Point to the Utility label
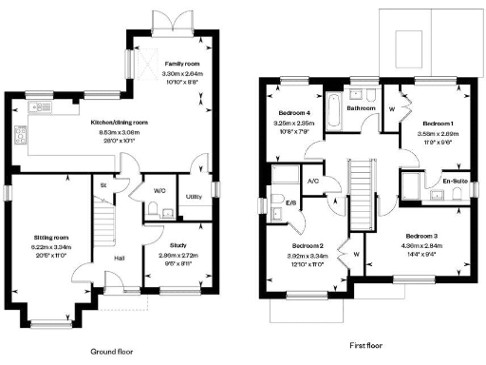(194, 196)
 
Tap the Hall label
(121, 257)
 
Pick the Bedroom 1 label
(439, 124)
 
